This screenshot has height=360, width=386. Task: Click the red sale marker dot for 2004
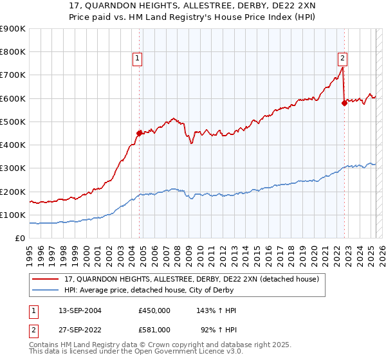pos(140,133)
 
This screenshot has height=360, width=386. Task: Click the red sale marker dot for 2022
pos(344,103)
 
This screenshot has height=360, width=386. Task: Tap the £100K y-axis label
pos(13,215)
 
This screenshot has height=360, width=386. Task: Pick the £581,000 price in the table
pos(154,329)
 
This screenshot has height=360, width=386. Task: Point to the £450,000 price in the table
pos(154,310)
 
